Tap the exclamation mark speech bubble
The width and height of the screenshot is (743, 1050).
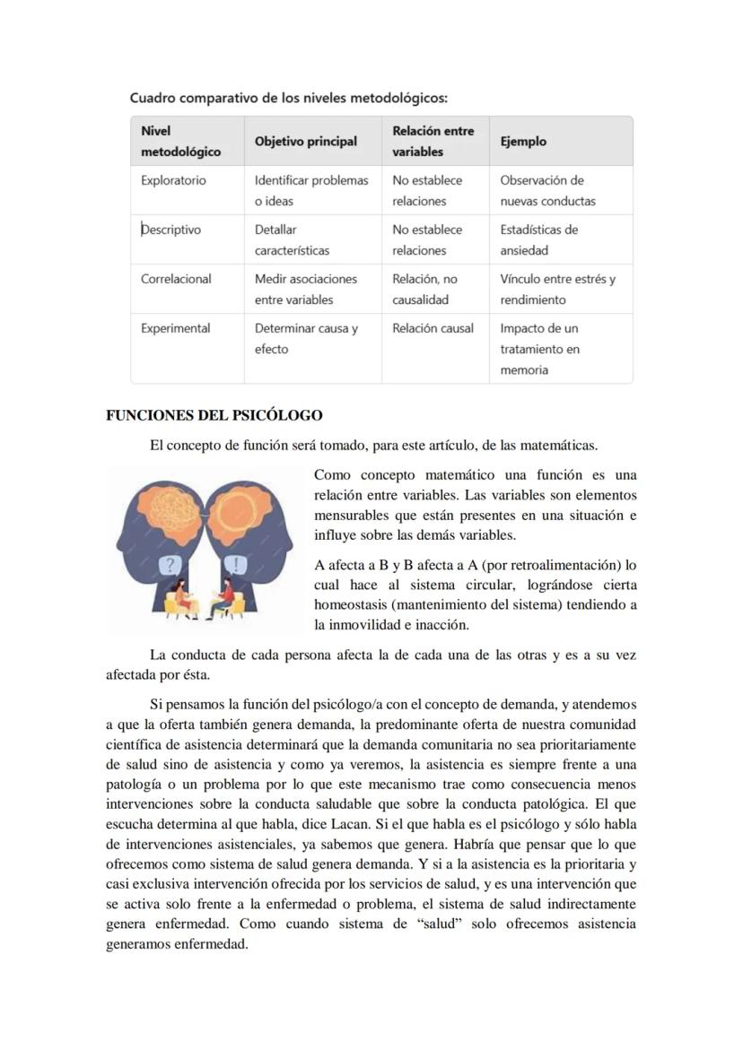tap(236, 564)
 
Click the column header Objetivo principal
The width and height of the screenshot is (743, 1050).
tap(305, 142)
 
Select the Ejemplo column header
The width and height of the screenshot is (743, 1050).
tap(523, 142)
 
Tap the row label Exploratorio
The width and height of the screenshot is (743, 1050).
tap(173, 180)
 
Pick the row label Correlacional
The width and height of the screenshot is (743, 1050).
tap(176, 279)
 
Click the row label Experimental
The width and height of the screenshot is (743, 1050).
tap(175, 328)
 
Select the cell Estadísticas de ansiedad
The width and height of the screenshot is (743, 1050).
tap(538, 239)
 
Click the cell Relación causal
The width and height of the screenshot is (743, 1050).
tap(433, 328)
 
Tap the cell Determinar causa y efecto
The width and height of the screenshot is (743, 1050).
tap(306, 338)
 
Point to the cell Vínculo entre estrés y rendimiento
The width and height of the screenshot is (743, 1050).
tap(557, 289)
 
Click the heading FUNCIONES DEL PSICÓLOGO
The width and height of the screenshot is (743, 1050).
tap(214, 415)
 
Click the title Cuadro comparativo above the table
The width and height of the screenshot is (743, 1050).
tap(287, 97)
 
